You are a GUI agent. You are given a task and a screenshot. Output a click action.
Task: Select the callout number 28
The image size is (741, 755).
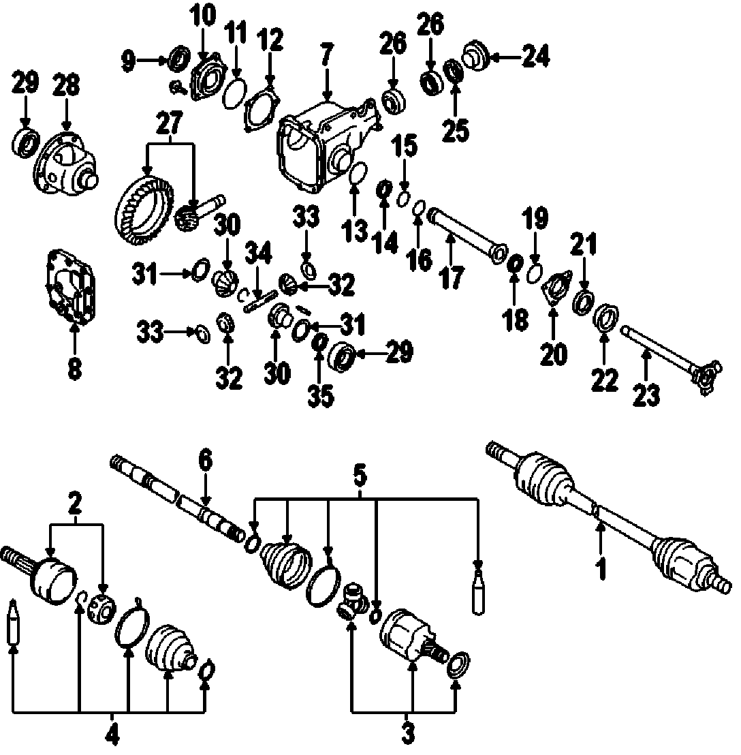[x=66, y=86]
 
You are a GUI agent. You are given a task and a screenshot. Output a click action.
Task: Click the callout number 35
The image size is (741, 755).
[x=319, y=396]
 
